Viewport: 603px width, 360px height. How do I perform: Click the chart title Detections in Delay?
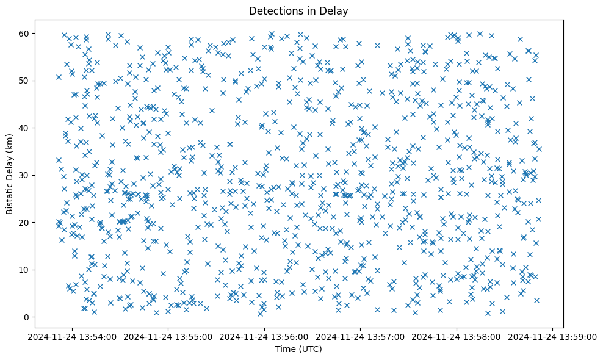point(299,10)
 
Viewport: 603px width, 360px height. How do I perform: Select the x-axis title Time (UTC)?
point(299,349)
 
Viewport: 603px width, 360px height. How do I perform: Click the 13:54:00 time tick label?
point(72,336)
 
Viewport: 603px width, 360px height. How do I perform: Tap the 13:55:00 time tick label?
point(168,336)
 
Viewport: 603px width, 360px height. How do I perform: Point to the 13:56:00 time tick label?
point(264,336)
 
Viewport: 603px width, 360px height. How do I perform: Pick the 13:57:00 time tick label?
point(361,336)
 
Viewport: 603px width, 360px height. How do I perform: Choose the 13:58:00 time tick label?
point(457,336)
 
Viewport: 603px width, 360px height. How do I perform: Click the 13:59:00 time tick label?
point(553,336)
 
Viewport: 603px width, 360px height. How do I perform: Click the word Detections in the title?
point(274,10)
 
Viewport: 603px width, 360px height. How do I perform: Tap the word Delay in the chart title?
point(336,10)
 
